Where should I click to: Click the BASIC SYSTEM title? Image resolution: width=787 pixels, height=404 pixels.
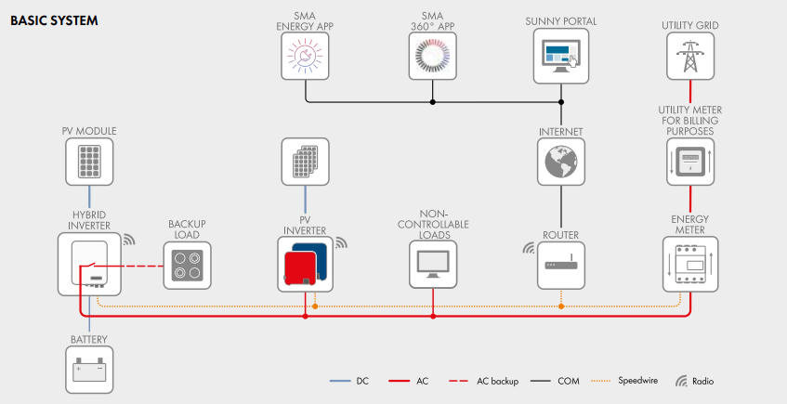coord(54,20)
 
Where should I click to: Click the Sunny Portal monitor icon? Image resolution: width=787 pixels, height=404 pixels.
coord(561,57)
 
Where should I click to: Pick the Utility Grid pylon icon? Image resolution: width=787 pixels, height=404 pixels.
coord(689,57)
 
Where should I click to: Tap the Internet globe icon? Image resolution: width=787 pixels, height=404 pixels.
coord(561,162)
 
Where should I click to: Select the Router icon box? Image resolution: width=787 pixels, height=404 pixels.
coord(561,264)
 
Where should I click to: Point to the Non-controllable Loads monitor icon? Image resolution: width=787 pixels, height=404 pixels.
coord(434,264)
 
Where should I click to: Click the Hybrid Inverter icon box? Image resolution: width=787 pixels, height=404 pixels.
coord(90,264)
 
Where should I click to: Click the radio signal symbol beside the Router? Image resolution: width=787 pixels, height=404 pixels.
coord(529,248)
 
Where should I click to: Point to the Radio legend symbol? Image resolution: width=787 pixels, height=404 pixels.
coord(681,381)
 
